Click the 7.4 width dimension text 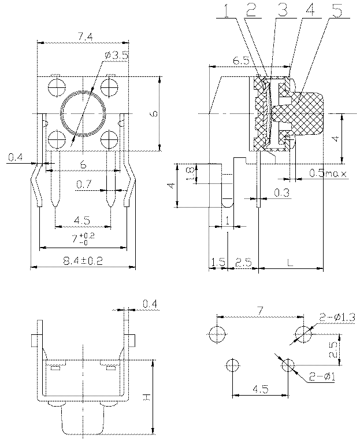coord(83,37)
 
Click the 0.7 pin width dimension coord(84,185)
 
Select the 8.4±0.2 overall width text coord(83,261)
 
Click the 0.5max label coord(328,173)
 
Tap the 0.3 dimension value coord(281,191)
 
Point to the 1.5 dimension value coord(218,263)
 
